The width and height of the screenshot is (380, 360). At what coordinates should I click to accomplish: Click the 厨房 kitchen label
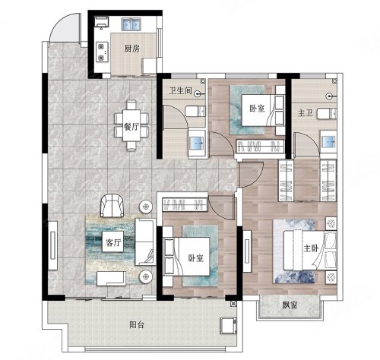[x=132, y=48]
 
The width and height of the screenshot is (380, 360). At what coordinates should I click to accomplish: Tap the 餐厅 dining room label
[x=131, y=126]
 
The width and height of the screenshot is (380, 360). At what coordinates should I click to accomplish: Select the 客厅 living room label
[x=113, y=242]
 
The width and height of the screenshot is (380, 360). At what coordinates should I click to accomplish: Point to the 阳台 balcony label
[x=137, y=324]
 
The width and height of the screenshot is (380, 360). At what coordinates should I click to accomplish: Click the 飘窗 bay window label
[x=290, y=305]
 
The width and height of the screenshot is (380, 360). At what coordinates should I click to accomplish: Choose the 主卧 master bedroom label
[x=311, y=248]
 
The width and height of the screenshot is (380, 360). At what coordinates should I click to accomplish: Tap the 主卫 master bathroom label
[x=306, y=113]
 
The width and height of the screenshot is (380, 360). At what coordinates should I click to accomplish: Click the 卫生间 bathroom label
[x=180, y=90]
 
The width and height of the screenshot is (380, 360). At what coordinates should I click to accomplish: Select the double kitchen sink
[x=131, y=24]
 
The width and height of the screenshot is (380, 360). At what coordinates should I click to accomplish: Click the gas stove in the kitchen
[x=101, y=52]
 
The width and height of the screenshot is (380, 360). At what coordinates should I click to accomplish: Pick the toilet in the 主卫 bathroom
[x=327, y=113]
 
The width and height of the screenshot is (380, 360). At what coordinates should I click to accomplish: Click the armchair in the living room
[x=112, y=206]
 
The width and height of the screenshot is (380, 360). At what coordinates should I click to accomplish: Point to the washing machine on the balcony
[x=229, y=326]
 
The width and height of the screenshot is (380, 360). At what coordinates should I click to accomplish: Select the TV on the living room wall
[x=52, y=245]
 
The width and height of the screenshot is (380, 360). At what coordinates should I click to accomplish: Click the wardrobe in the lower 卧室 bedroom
[x=185, y=204]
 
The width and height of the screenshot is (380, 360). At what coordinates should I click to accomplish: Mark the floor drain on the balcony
[x=233, y=304]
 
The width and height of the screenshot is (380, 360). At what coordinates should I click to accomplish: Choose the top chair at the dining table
[x=131, y=105]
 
